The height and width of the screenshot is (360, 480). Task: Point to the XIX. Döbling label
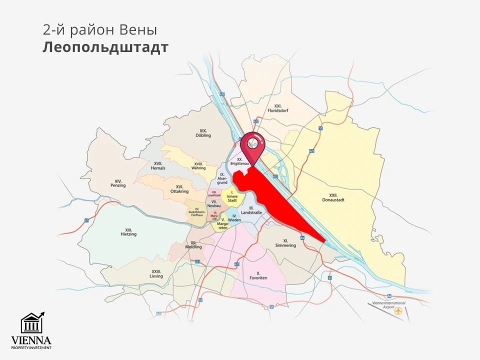click(x=203, y=132)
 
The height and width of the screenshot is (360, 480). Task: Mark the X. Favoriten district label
click(x=258, y=275)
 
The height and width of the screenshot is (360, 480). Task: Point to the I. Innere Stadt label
click(x=232, y=196)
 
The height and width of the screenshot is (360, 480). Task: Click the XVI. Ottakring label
click(x=178, y=189)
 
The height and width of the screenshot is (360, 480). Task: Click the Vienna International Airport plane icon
click(x=398, y=311)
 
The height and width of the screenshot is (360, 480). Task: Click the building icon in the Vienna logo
click(x=31, y=324)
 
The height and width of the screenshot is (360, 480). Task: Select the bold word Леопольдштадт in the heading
click(x=105, y=47)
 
